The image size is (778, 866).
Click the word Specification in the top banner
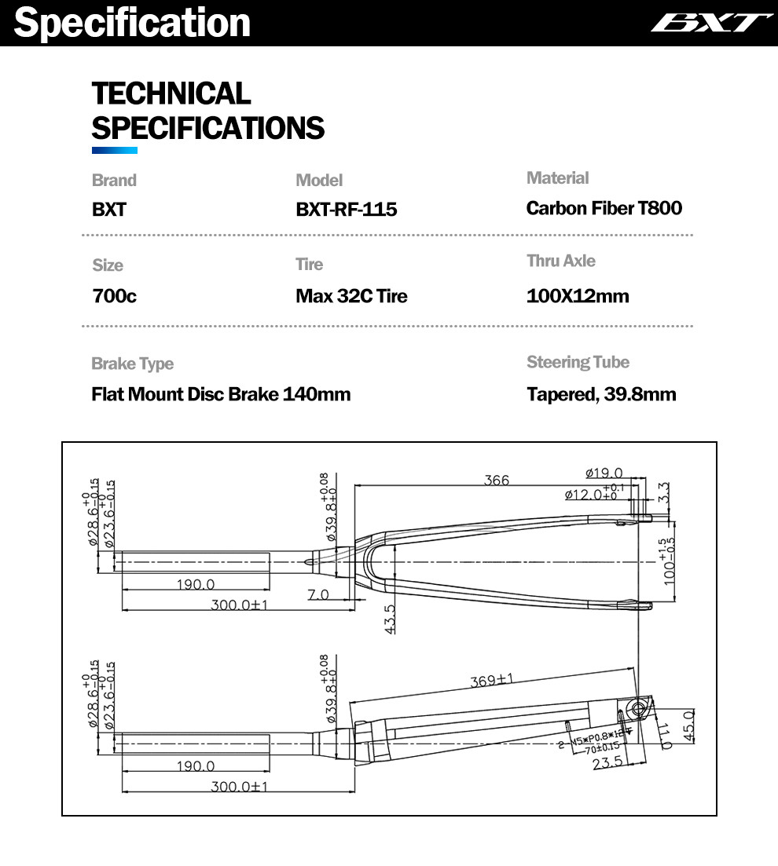132,23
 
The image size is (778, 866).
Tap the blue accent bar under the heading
115,150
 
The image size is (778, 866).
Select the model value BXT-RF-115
346,210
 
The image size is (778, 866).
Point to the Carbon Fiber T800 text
604,208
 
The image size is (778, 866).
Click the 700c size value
114,297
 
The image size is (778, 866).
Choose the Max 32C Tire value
351,297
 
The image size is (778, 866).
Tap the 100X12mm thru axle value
578,297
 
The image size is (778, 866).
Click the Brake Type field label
132,364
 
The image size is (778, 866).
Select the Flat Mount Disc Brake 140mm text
221,394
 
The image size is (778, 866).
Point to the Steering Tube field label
578,362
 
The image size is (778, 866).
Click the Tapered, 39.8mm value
601,394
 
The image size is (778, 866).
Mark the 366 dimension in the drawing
497,480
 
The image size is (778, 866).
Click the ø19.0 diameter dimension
604,473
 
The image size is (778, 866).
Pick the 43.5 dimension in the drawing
391,619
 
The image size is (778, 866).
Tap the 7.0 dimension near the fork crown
318,595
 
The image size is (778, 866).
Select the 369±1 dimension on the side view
492,680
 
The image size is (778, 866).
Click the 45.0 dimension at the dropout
689,721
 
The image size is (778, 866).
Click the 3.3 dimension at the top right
664,492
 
